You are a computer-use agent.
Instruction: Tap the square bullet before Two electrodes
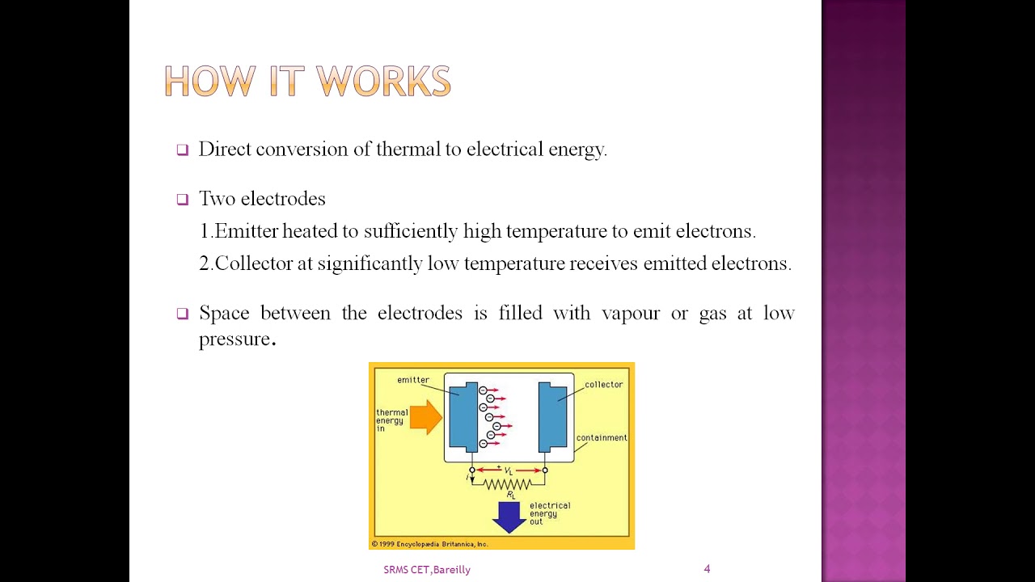(182, 199)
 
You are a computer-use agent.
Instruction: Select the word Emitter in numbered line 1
(246, 231)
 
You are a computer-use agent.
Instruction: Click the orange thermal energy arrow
(425, 418)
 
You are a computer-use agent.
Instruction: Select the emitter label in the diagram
(413, 380)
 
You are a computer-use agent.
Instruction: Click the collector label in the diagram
(603, 385)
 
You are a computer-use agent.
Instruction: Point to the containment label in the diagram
(602, 438)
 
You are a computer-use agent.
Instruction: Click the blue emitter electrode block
(463, 416)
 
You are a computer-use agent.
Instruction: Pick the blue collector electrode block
(553, 416)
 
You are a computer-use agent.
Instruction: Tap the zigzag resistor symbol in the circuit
(508, 484)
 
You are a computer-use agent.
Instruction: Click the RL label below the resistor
(511, 495)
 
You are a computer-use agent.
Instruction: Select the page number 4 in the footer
(707, 569)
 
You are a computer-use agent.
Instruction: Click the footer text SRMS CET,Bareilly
(427, 570)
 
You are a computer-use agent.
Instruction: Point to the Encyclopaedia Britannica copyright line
(430, 544)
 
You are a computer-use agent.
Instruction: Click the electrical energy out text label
(550, 513)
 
